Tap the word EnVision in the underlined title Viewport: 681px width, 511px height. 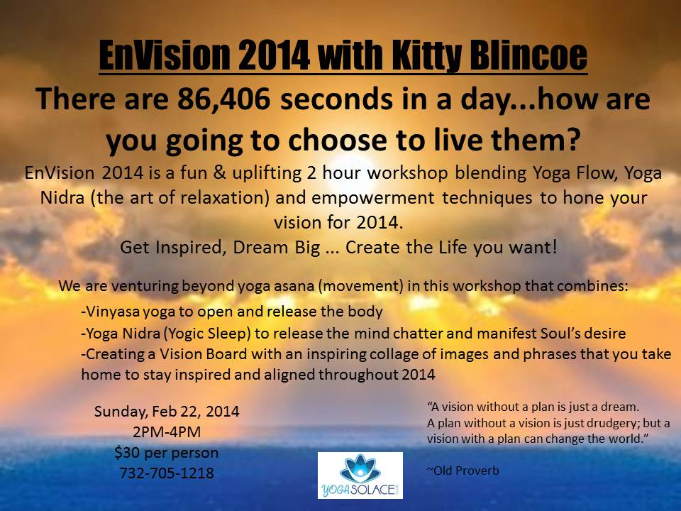164,55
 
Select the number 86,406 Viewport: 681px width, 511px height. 223,99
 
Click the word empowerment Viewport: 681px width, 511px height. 373,198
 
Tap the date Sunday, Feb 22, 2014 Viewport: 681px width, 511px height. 167,411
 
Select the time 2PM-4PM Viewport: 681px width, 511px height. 167,432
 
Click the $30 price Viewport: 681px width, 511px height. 124,453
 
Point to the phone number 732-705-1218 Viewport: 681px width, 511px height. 167,473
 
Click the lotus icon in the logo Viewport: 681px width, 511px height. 360,468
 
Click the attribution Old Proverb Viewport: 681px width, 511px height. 463,471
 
